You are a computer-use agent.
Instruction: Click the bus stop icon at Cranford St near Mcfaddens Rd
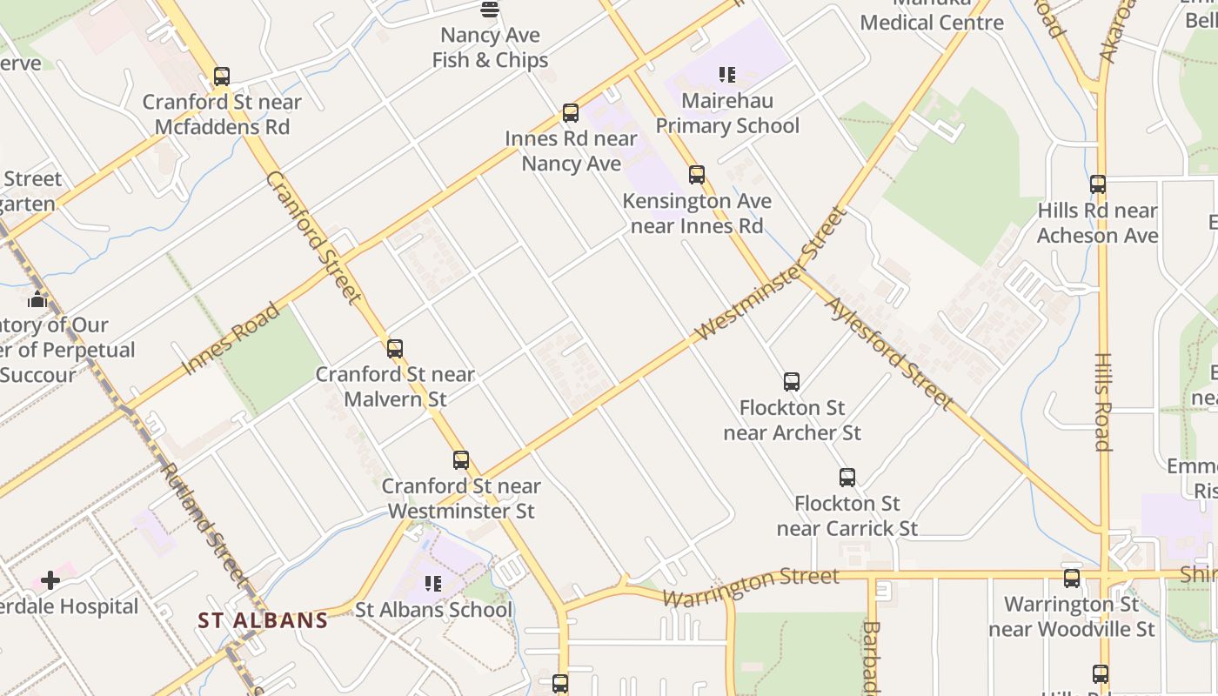click(x=222, y=77)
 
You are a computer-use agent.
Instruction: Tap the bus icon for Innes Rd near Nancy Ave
click(x=571, y=113)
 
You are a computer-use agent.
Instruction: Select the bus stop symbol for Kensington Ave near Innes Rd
click(x=697, y=175)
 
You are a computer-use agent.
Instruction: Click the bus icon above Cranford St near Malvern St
click(x=395, y=349)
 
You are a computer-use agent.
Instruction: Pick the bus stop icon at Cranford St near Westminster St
click(x=461, y=460)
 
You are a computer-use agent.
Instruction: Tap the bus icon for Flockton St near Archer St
click(x=792, y=382)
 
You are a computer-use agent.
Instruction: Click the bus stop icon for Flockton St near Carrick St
click(x=847, y=478)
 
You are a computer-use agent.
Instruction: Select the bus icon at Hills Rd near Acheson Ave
click(x=1098, y=184)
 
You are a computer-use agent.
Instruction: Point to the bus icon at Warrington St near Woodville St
click(x=1072, y=579)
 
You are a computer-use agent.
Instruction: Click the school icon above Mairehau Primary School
click(x=727, y=75)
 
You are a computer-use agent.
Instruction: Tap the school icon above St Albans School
click(x=433, y=584)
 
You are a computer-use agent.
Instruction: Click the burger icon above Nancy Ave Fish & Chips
click(x=490, y=10)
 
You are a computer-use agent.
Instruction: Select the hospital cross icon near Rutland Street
click(x=50, y=579)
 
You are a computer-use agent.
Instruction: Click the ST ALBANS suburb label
click(x=263, y=620)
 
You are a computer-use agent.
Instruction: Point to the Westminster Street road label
click(x=771, y=275)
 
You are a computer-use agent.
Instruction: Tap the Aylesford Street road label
click(x=888, y=353)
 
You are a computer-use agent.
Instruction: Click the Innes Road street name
click(x=232, y=338)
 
